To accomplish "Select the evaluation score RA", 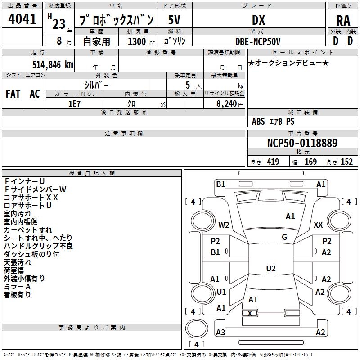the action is pos(343,21).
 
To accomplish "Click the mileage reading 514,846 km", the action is pos(53,64).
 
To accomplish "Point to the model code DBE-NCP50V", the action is pos(258,41).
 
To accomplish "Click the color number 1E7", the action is pos(74,103).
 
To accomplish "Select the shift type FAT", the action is pos(13,94).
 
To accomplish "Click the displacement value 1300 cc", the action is pos(139,41).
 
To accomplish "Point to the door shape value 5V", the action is pos(174,20).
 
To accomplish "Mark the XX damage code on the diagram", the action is pos(318,225).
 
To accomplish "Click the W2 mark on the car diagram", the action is pos(224,225).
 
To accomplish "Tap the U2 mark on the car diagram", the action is pos(270,269).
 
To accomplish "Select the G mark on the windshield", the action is pos(284,237).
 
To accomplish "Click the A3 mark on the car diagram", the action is pos(220,333).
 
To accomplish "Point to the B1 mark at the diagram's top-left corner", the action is pos(220,184).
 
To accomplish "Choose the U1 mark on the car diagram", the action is pos(221,292).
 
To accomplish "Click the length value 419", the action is pos(273,162).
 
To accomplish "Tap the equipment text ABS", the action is pos(258,121).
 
